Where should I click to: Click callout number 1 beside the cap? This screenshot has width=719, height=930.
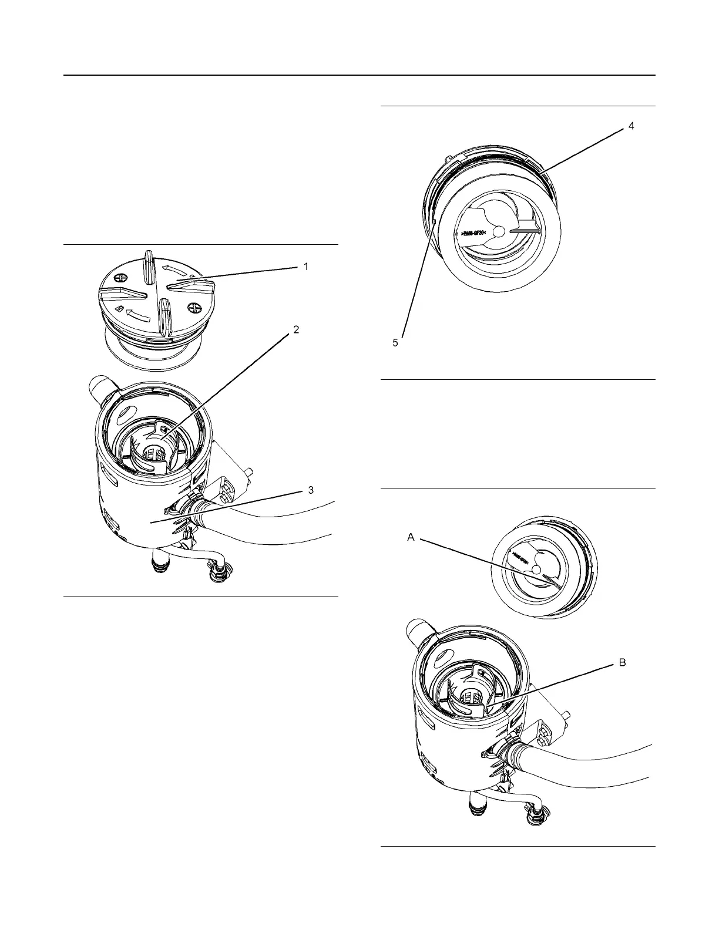[305, 267]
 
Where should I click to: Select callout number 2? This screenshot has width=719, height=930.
[296, 330]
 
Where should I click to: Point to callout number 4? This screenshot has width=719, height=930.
[631, 126]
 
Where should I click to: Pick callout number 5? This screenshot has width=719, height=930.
[395, 342]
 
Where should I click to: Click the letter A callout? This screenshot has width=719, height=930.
[411, 537]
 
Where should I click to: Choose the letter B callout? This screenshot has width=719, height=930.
[622, 662]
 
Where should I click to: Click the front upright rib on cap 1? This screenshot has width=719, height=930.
[164, 311]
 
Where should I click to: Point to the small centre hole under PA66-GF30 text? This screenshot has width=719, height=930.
[498, 232]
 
